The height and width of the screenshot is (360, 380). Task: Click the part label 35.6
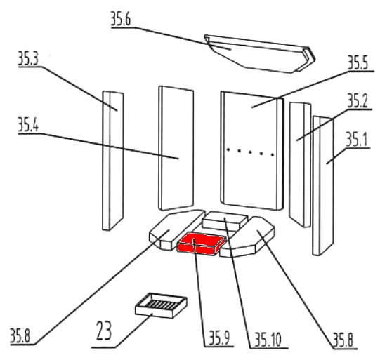click(121, 19)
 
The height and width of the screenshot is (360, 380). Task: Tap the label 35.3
click(28, 58)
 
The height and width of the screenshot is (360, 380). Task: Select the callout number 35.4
click(28, 125)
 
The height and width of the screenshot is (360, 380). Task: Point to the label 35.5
click(358, 62)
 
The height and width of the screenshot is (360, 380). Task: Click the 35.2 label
click(358, 101)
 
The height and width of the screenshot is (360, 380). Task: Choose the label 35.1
click(356, 140)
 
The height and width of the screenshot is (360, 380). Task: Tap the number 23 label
click(104, 331)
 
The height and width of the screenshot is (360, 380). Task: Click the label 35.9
click(219, 338)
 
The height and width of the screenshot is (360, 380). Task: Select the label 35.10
click(268, 340)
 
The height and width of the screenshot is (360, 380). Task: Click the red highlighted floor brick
click(201, 244)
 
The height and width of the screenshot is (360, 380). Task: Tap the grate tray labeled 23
click(161, 305)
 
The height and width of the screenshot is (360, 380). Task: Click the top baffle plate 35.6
click(260, 54)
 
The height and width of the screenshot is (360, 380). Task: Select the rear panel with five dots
click(251, 151)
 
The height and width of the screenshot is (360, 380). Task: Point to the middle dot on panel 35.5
click(250, 152)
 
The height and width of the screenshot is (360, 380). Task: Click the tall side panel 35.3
click(112, 161)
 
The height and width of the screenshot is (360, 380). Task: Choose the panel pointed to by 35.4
click(176, 148)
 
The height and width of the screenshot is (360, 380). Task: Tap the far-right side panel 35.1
click(323, 185)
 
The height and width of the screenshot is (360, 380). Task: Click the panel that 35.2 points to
click(300, 165)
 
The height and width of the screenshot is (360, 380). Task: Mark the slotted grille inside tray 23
click(160, 304)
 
